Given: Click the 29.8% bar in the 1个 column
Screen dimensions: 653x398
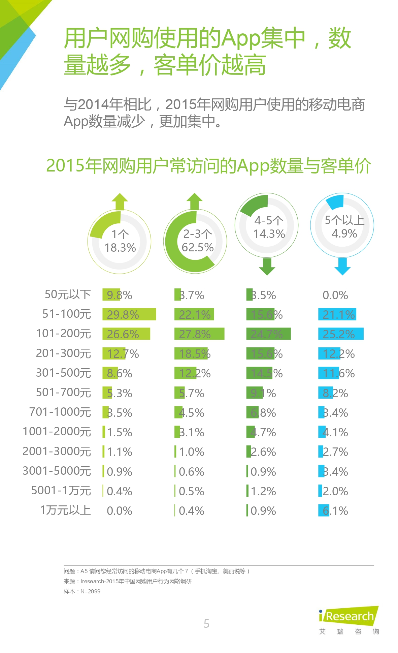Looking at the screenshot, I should tap(129, 314).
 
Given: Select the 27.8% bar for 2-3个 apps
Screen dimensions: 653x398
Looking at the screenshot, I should tap(199, 334).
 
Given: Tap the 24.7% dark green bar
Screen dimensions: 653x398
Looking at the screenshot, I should tap(268, 334).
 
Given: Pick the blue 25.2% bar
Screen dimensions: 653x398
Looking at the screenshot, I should tap(340, 334).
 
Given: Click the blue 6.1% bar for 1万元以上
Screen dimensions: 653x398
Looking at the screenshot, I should tap(324, 510).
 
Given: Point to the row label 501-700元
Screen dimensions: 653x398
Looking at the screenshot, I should tap(63, 393).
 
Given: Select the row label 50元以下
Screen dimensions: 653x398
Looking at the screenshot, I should tap(68, 294).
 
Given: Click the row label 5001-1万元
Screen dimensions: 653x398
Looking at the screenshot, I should tap(61, 491).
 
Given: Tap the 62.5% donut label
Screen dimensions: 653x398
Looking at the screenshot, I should tap(198, 247).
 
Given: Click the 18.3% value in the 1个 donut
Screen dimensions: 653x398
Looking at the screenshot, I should tap(120, 248).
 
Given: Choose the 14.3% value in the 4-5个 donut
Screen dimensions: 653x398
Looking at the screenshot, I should tap(269, 234).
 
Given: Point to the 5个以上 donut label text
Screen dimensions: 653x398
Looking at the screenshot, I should tap(344, 220).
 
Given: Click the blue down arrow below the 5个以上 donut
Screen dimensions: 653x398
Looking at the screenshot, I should tap(342, 267).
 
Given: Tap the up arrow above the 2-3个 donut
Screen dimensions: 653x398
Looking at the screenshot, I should tap(195, 201).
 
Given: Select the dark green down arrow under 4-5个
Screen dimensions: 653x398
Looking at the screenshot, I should tap(267, 267).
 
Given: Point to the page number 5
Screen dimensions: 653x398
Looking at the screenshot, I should tap(206, 624).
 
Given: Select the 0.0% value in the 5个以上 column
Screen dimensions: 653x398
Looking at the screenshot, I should tap(335, 295).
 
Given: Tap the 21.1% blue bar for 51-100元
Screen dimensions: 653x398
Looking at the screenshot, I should tap(337, 314).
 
